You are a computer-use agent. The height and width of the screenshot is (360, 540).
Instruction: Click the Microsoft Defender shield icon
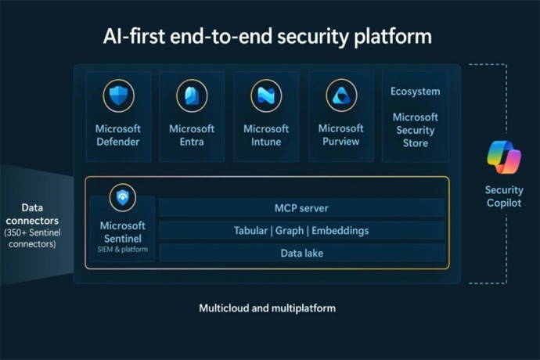tap(118, 95)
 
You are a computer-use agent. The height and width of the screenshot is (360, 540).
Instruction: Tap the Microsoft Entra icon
tap(192, 95)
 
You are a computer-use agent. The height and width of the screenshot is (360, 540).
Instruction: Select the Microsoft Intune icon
tap(266, 95)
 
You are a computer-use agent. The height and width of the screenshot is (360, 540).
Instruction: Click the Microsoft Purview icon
tap(340, 95)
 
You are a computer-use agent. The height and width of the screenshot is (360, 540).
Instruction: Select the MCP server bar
tap(301, 208)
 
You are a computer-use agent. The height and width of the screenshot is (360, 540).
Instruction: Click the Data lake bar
tap(301, 253)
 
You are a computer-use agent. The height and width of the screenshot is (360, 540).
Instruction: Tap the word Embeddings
tap(337, 231)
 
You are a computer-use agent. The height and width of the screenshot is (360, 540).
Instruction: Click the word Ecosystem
tap(415, 92)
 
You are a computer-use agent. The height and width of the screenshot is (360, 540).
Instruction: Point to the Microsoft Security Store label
tap(416, 130)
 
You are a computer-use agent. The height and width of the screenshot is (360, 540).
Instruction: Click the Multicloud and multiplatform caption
tap(267, 308)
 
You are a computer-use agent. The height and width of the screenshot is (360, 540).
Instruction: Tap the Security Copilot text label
tap(503, 196)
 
